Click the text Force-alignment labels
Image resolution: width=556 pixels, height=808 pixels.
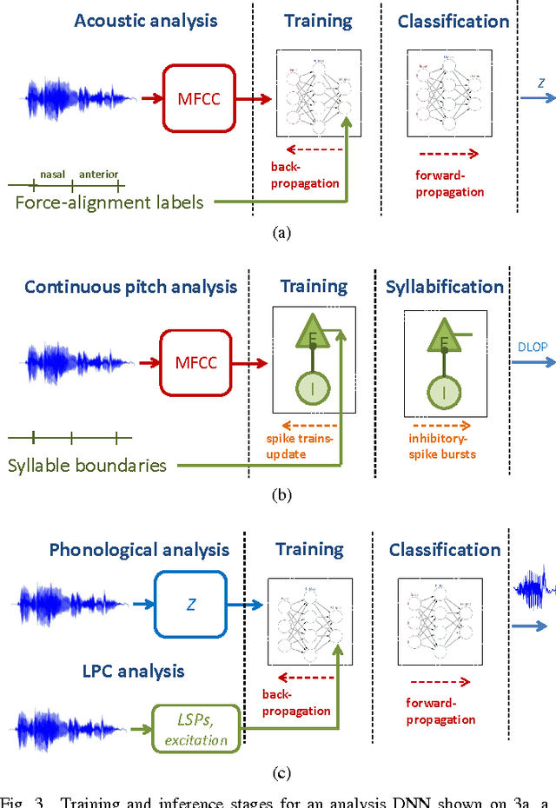point(110,202)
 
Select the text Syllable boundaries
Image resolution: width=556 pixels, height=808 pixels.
point(87,465)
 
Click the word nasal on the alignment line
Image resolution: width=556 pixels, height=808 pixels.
point(52,174)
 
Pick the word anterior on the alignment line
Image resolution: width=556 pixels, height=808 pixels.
point(98,174)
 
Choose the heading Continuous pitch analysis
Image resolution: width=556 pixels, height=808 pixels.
point(130,287)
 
